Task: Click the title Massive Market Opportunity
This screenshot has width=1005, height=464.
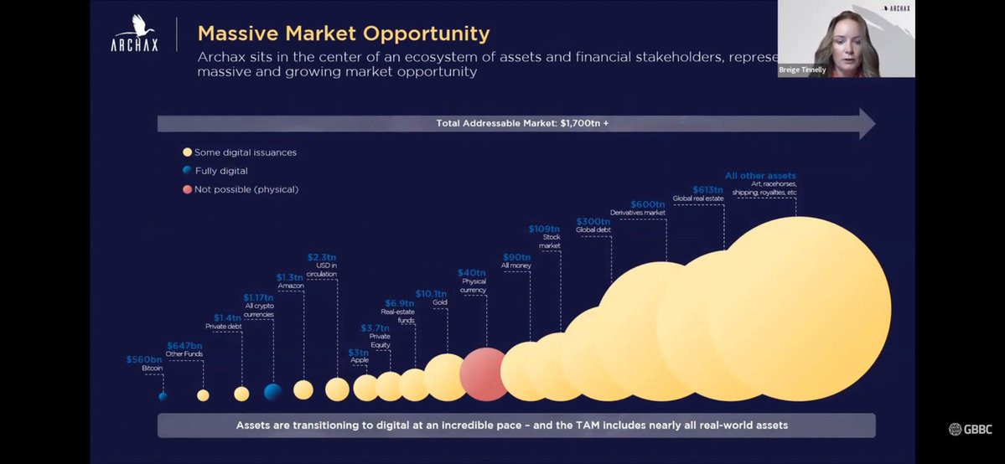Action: point(344,34)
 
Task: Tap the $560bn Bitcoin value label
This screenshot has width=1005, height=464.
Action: point(143,359)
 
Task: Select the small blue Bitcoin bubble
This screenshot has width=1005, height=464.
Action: point(163,396)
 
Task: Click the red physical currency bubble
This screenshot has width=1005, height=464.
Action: point(484,374)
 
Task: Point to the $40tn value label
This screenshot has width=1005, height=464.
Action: point(471,273)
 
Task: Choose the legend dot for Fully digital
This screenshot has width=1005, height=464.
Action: point(188,171)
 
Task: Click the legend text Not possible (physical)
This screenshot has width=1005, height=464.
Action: point(246,189)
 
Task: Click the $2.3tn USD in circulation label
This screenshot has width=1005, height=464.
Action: point(322,257)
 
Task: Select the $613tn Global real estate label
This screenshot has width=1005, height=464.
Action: point(707,189)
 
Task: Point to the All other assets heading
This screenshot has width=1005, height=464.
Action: point(760,176)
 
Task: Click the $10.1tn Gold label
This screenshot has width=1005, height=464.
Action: point(431,293)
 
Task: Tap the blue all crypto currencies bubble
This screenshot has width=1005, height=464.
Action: point(272,392)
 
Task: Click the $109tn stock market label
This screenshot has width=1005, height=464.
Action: point(544,229)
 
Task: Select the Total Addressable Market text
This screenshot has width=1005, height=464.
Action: point(522,123)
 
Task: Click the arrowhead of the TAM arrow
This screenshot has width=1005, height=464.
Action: point(867,124)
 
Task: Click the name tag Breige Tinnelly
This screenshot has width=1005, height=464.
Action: point(802,70)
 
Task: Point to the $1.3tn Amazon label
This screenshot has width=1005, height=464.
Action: point(290,277)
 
